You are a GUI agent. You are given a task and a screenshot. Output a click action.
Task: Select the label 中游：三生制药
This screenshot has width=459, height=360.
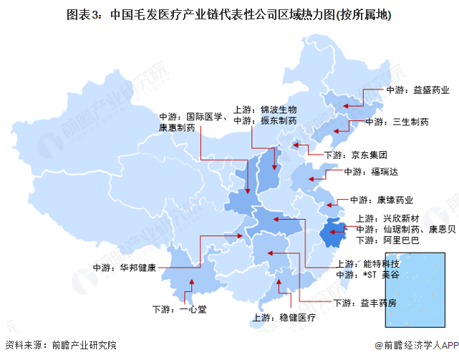pyautogui.click(x=397, y=122)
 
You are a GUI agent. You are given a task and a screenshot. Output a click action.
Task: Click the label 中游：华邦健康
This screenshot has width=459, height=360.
pyautogui.click(x=126, y=269)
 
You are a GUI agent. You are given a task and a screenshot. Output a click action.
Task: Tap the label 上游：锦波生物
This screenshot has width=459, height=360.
pyautogui.click(x=264, y=110)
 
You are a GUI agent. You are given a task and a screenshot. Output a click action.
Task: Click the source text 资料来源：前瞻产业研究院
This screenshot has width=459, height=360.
pyautogui.click(x=60, y=346)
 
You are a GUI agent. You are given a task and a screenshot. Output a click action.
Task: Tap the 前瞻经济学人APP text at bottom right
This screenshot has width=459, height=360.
pyautogui.click(x=415, y=346)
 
